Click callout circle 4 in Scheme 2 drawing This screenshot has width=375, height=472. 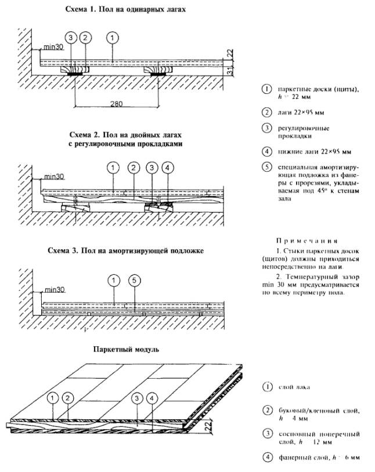(168, 168)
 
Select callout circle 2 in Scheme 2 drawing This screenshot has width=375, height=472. (132, 168)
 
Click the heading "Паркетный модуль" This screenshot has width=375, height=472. (121, 350)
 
